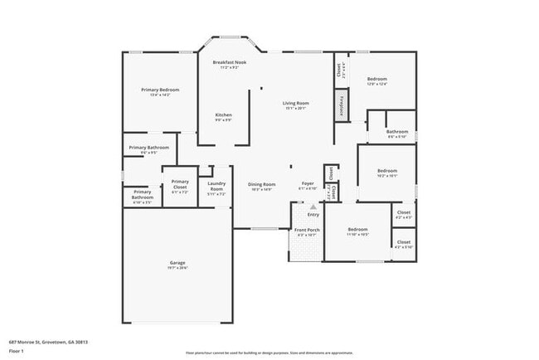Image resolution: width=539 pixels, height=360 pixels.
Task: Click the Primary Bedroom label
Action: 160,90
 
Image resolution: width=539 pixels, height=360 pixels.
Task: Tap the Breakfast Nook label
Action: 229,62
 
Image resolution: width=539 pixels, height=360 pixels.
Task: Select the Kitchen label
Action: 223,114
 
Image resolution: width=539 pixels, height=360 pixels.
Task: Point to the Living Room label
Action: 296,103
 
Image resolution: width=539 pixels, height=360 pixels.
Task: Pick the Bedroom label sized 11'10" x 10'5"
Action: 357,229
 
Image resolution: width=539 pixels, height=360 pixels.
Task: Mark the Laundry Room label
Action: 216,186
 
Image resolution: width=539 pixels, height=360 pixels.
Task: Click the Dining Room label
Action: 261,184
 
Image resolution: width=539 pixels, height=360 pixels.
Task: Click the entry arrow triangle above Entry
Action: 313,207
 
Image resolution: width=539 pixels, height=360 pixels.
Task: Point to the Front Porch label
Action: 307,230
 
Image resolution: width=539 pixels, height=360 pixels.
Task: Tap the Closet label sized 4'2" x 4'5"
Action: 403,212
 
